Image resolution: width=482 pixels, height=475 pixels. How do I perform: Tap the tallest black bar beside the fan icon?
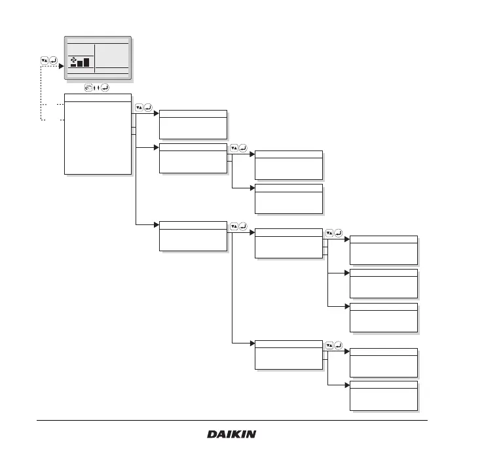[86, 62]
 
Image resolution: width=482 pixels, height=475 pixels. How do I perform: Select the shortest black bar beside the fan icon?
[73, 65]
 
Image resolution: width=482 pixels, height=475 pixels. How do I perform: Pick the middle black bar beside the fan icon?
[79, 63]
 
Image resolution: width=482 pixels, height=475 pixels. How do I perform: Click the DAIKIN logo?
[232, 434]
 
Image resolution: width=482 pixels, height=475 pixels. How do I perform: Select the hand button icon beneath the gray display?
[88, 87]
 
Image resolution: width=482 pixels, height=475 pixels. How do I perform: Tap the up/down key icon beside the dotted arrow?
[45, 61]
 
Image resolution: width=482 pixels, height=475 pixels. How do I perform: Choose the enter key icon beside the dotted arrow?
[53, 61]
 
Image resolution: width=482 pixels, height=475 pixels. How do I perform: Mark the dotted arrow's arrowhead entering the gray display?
[63, 66]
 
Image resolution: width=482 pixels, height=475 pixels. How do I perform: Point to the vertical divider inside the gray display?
[95, 58]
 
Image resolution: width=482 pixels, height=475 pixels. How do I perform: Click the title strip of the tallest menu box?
[98, 98]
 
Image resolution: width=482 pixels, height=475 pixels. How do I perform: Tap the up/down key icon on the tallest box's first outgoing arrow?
[139, 107]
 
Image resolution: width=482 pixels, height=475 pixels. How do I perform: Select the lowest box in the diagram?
[384, 395]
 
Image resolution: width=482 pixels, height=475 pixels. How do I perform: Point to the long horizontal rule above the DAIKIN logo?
[232, 420]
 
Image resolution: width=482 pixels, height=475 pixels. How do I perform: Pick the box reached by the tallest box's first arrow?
[193, 124]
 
